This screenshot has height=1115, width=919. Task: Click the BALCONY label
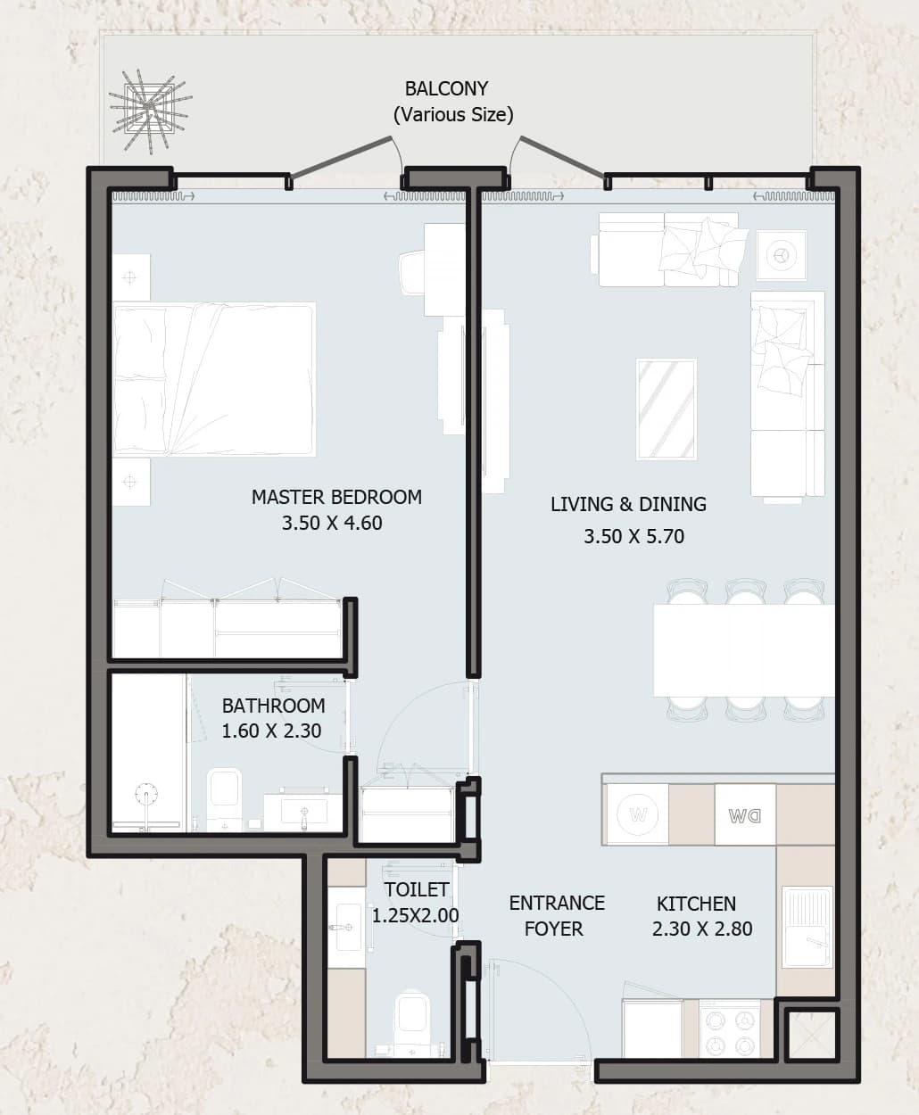click(x=446, y=88)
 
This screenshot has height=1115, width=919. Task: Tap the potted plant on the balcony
click(x=149, y=110)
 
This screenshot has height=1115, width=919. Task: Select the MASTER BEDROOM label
click(x=336, y=497)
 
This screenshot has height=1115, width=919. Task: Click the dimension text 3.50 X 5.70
click(x=633, y=536)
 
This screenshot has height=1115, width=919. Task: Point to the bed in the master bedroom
click(x=214, y=380)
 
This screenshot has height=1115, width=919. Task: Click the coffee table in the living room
click(x=666, y=409)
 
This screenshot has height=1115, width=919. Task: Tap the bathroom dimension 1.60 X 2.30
click(x=271, y=731)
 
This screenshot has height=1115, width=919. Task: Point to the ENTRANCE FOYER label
click(x=556, y=916)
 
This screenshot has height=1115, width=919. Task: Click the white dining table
click(x=744, y=650)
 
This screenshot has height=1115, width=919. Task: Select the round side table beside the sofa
click(x=782, y=255)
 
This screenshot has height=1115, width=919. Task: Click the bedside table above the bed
click(x=131, y=277)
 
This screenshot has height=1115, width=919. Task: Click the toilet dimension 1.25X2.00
click(x=415, y=915)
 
